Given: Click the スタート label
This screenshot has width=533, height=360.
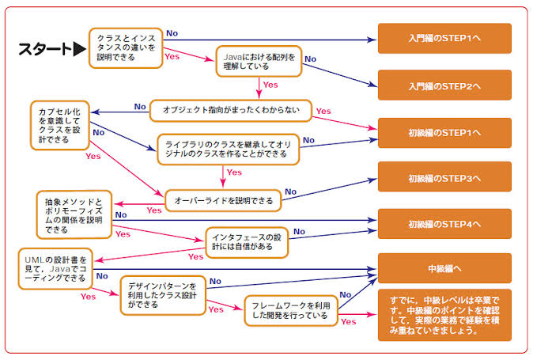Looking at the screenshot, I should coord(44,50).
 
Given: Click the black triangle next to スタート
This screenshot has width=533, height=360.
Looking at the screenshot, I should coord(79,50).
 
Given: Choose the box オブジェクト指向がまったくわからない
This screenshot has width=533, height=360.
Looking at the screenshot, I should coord(231,111).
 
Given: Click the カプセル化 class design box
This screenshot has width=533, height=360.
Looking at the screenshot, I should coord(60,123).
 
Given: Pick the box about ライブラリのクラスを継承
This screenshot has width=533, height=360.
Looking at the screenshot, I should coord(228,149).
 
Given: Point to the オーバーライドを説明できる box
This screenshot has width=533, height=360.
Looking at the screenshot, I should coord(223,201).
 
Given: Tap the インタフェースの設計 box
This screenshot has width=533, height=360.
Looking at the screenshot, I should coord(247,242).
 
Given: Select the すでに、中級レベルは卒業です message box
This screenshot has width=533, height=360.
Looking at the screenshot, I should coord(444,315).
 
